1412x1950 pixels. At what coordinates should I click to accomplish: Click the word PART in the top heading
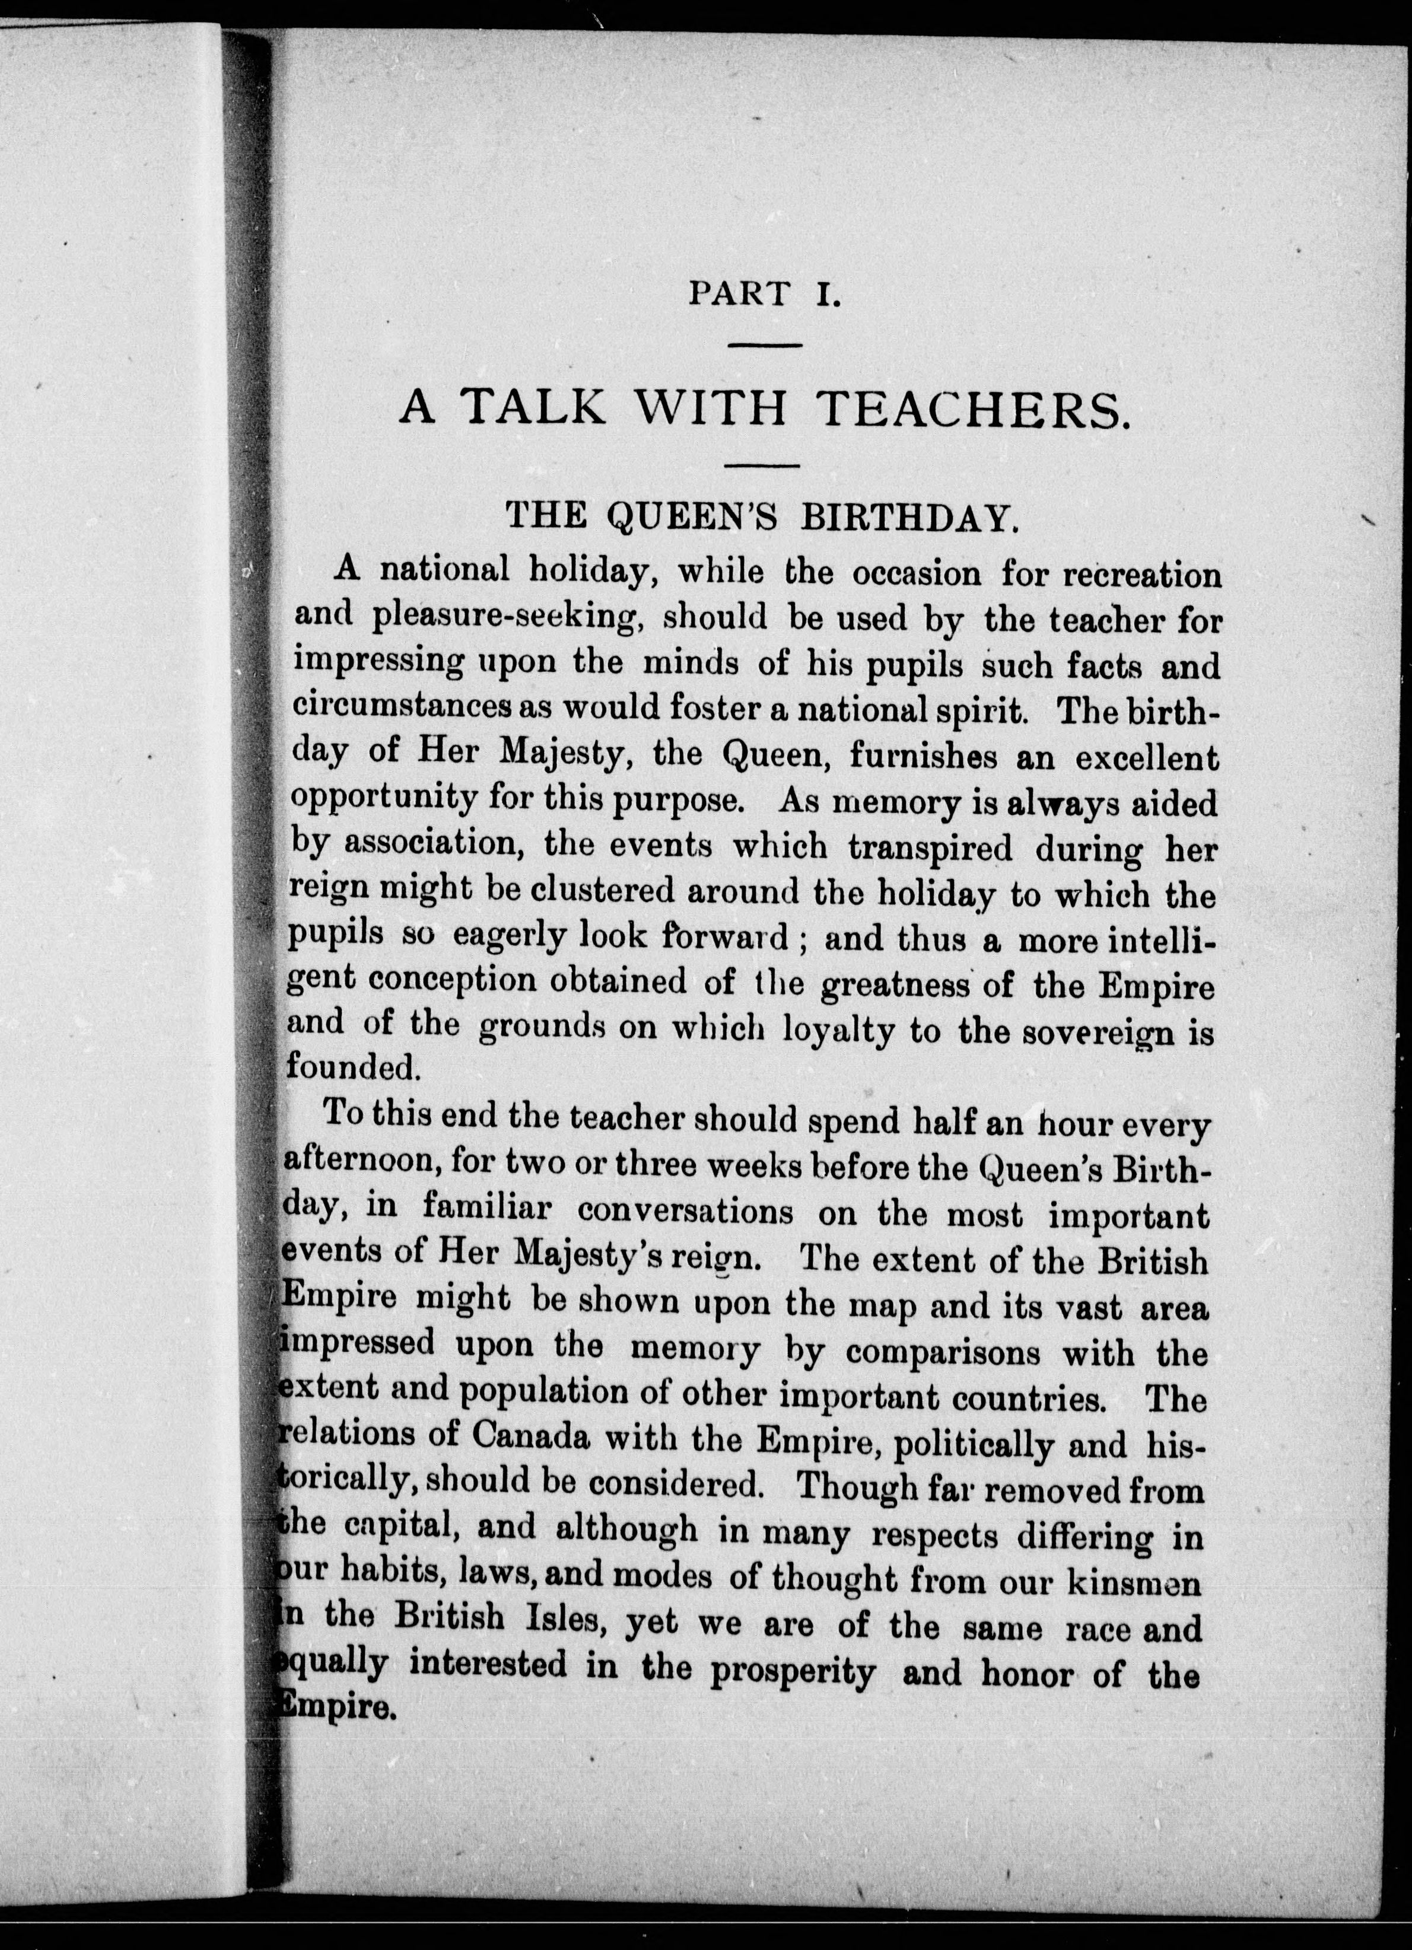[x=739, y=295]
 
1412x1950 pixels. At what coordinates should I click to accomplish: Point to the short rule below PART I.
[x=765, y=346]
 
